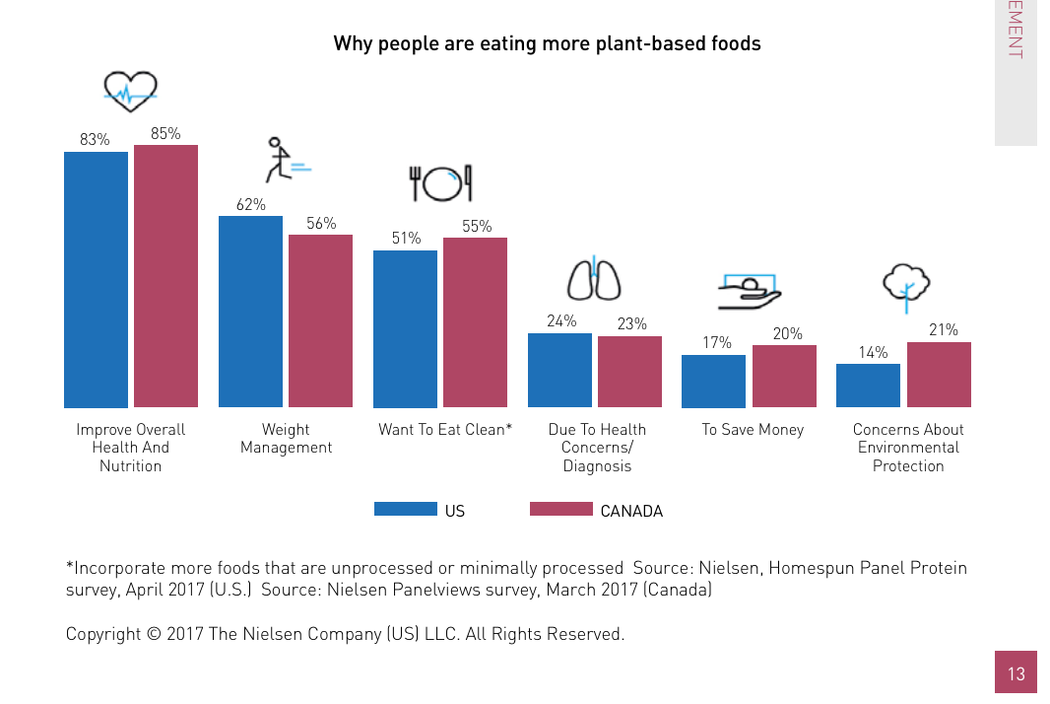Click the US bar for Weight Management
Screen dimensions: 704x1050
tap(250, 312)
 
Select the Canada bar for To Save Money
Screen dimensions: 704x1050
tap(784, 376)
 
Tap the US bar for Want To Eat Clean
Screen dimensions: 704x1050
tap(405, 328)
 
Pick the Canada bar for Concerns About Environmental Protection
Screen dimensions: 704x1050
tap(939, 375)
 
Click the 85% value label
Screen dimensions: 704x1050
tap(165, 133)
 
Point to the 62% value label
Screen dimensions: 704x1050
tap(250, 204)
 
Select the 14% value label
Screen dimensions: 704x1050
tap(873, 352)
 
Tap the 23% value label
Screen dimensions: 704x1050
tap(631, 323)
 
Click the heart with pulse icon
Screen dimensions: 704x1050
tap(131, 93)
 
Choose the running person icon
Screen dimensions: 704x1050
tap(285, 161)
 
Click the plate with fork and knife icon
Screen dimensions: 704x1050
tap(441, 183)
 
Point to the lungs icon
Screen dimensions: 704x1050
tap(594, 280)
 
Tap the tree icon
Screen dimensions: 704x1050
tap(906, 285)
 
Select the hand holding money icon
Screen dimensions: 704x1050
tap(750, 289)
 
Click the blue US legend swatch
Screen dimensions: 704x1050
tap(405, 509)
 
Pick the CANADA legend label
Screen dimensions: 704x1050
tap(631, 511)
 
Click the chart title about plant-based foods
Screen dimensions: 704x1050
tap(547, 43)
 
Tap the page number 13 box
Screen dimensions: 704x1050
tap(1016, 673)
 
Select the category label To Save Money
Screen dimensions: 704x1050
tap(753, 430)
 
